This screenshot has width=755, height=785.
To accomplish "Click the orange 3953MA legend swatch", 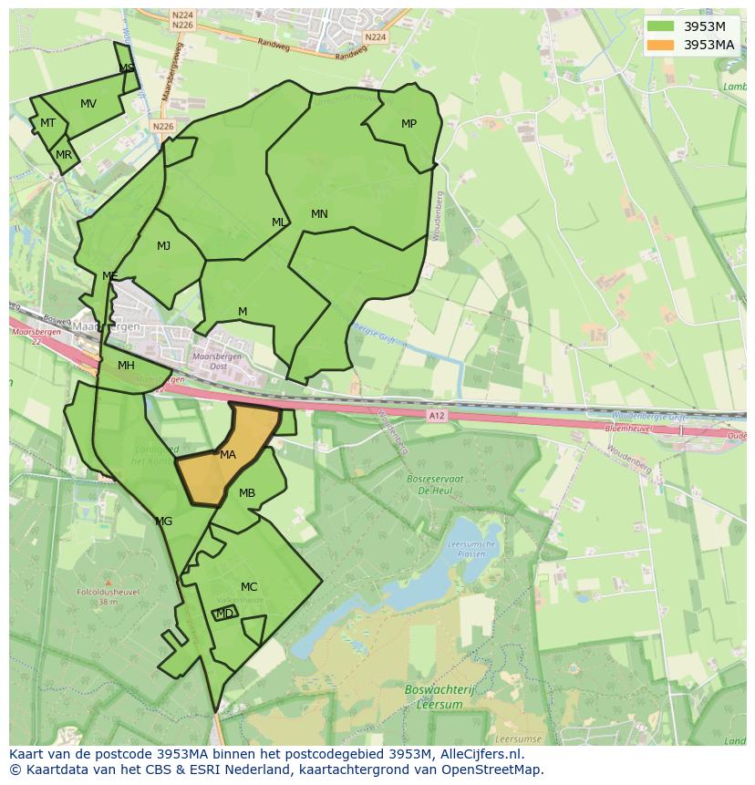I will point(662,45).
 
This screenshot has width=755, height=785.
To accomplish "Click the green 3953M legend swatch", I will point(662,26).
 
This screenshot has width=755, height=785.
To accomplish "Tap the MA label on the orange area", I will point(228,454).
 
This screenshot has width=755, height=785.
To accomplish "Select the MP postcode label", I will point(409,124).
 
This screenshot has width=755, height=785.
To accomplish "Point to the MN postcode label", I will point(319,214).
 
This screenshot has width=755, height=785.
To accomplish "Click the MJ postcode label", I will point(163,245).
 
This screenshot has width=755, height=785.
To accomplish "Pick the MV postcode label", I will point(88,103).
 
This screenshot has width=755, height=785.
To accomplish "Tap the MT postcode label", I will point(47,123).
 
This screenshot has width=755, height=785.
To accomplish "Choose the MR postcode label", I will point(64,155).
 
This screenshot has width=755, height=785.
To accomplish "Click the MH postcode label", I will point(126,366).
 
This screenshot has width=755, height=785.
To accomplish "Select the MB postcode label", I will point(247,493).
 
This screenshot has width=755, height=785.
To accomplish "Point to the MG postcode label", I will point(164,522).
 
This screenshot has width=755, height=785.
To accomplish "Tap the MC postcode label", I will point(249,586).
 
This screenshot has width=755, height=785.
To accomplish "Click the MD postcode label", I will point(224,614).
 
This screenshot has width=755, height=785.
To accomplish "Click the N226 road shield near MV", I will point(163,127).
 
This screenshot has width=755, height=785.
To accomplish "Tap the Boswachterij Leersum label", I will point(435,697).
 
